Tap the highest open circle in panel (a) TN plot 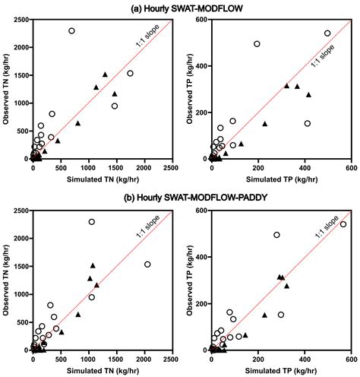click(x=71, y=31)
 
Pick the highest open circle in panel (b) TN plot click(x=92, y=222)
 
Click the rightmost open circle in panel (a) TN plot click(x=130, y=74)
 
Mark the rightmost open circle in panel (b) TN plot click(x=147, y=265)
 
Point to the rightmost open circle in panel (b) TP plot click(x=343, y=224)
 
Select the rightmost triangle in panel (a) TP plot click(x=308, y=95)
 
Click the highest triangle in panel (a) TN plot click(x=105, y=74)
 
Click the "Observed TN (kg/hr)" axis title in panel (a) click(x=7, y=87)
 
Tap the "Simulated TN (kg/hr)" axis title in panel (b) click(x=103, y=369)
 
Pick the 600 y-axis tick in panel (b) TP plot click(x=202, y=211)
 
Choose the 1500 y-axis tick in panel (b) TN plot click(x=23, y=266)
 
